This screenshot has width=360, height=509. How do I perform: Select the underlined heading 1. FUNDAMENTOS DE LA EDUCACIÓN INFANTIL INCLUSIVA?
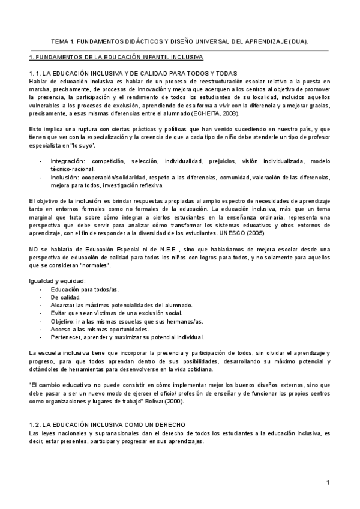116,58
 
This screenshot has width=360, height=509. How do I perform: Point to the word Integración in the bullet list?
68,161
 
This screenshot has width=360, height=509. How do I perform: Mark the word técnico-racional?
70,169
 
